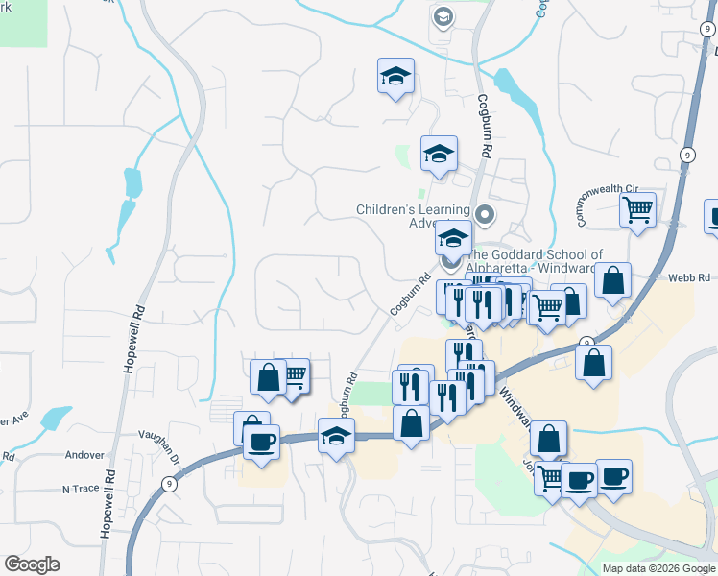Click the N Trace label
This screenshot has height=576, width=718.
click(x=81, y=489)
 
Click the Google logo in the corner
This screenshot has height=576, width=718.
click(x=32, y=564)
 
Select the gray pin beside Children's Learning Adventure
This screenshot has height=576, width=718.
click(x=485, y=213)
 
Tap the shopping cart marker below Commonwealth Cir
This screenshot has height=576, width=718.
click(x=637, y=209)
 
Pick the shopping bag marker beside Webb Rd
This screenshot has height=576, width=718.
click(x=612, y=281)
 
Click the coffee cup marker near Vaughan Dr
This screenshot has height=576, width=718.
click(x=260, y=443)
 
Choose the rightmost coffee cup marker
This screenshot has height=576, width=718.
click(x=614, y=477)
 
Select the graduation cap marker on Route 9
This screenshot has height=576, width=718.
click(x=336, y=436)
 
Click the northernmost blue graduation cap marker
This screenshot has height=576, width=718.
click(x=395, y=78)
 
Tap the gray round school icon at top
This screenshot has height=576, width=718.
click(x=443, y=17)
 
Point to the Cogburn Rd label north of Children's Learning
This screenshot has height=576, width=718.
click(x=486, y=128)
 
